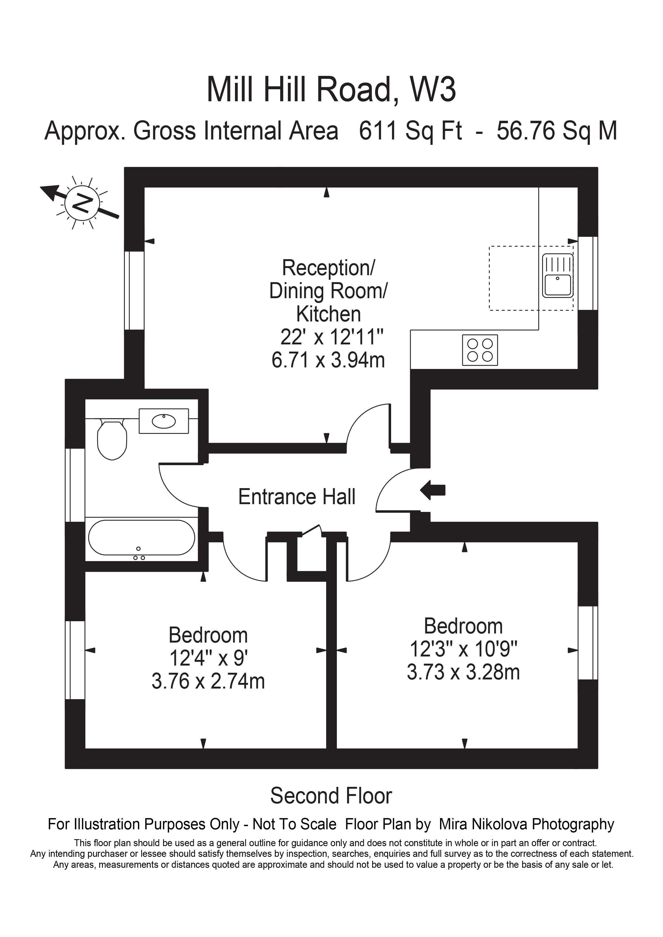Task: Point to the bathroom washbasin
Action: pos(164,421)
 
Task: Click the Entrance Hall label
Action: pos(297,497)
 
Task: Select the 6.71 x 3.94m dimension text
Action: pos(328,360)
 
